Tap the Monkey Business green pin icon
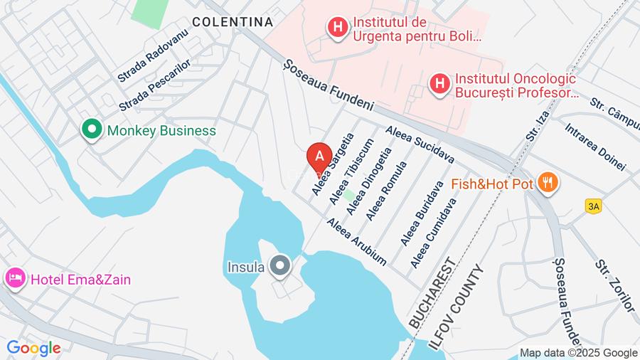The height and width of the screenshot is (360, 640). (x=91, y=130)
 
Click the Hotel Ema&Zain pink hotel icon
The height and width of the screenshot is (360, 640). (x=15, y=279)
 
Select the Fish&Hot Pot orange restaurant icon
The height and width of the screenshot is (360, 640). (x=547, y=184)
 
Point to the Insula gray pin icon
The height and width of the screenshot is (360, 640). (x=281, y=268)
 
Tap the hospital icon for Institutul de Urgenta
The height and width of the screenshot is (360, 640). (x=337, y=28)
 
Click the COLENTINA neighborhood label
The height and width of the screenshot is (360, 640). (x=233, y=22)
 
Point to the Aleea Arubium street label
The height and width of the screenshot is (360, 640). (x=356, y=242)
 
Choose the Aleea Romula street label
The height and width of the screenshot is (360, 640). (x=385, y=191)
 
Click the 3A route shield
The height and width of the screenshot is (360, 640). (x=593, y=206)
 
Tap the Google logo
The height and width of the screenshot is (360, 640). (x=33, y=348)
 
